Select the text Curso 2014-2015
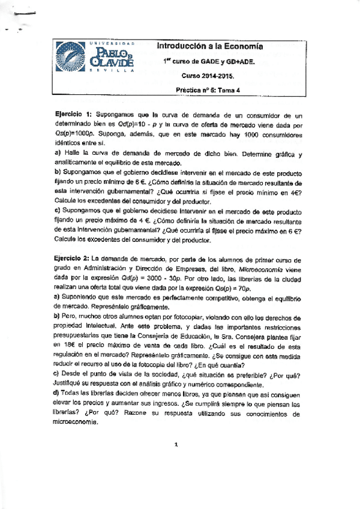[x=209, y=76]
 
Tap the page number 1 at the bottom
[x=176, y=445]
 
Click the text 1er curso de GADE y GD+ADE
[x=208, y=62]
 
